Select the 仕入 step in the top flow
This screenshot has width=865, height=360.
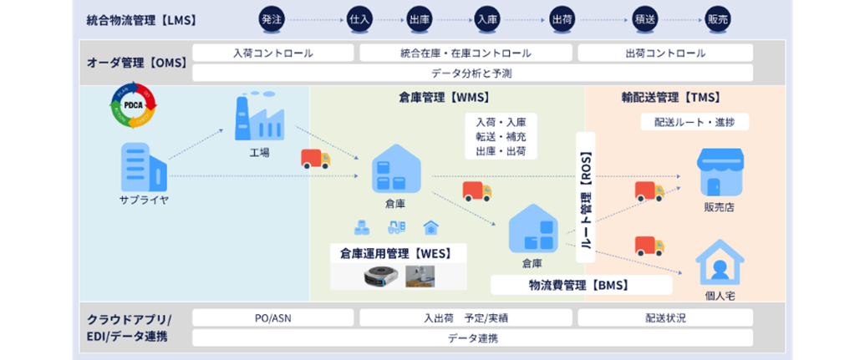point(359,18)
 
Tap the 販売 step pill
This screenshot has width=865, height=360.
point(717,18)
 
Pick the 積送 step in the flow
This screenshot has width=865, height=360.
point(644,18)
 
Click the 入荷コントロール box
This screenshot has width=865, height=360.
point(273,53)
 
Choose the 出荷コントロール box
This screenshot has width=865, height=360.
point(665,53)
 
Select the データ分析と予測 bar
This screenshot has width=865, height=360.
point(472,74)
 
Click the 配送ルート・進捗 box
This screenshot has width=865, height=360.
point(695,122)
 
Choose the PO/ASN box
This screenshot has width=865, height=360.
point(273,317)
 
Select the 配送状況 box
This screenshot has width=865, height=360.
point(665,317)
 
